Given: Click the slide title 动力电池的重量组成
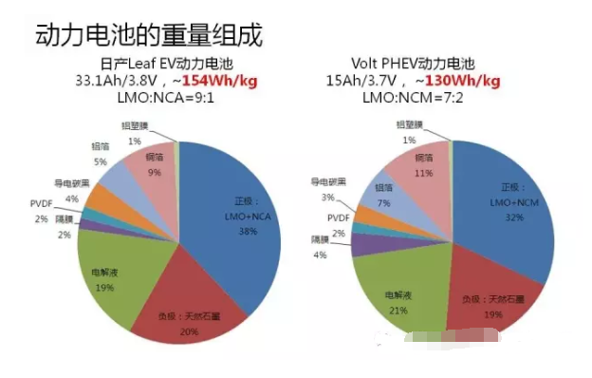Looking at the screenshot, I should [x=148, y=35].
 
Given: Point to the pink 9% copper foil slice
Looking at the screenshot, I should [x=152, y=171].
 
